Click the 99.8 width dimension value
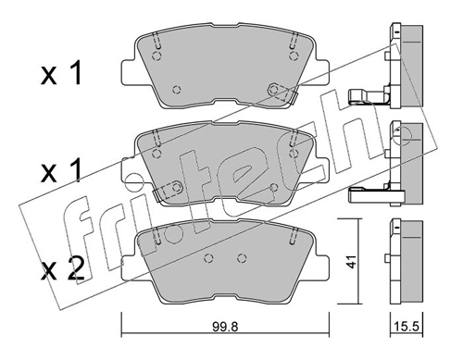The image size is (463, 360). pyautogui.click(x=225, y=327)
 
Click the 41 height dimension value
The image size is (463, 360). pyautogui.click(x=350, y=261)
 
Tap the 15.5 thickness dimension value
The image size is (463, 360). pyautogui.click(x=407, y=327)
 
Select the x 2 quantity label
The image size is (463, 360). pyautogui.click(x=63, y=269)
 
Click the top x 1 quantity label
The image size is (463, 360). pyautogui.click(x=61, y=73)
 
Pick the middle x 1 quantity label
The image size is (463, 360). pyautogui.click(x=61, y=170)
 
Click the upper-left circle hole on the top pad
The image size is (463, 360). pyautogui.click(x=157, y=56)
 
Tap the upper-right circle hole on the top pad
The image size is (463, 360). pyautogui.click(x=294, y=56)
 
